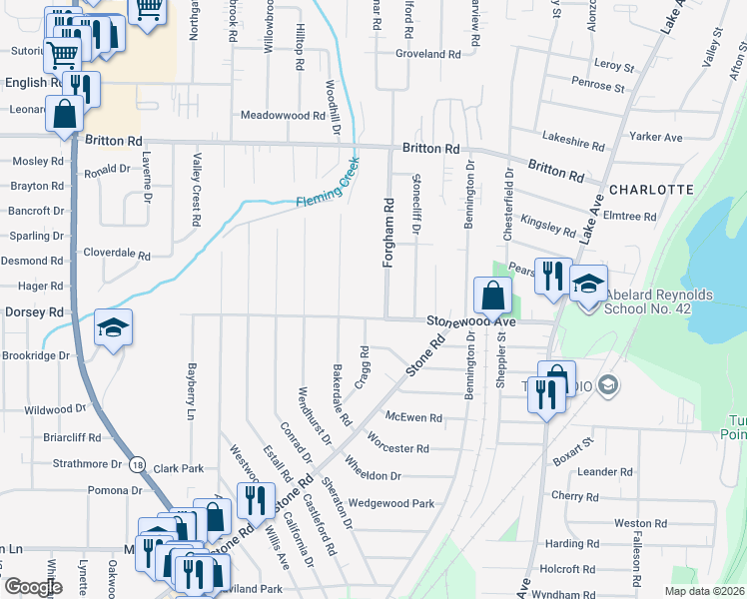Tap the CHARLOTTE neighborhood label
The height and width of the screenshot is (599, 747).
coord(650,189)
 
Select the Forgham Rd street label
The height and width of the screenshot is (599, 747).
coord(388,232)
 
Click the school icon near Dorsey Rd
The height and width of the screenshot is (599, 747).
coord(113,326)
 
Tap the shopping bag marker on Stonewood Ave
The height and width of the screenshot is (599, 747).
coord(492,296)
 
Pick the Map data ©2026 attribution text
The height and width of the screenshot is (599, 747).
coord(704,591)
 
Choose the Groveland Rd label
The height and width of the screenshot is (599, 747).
coord(432,54)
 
